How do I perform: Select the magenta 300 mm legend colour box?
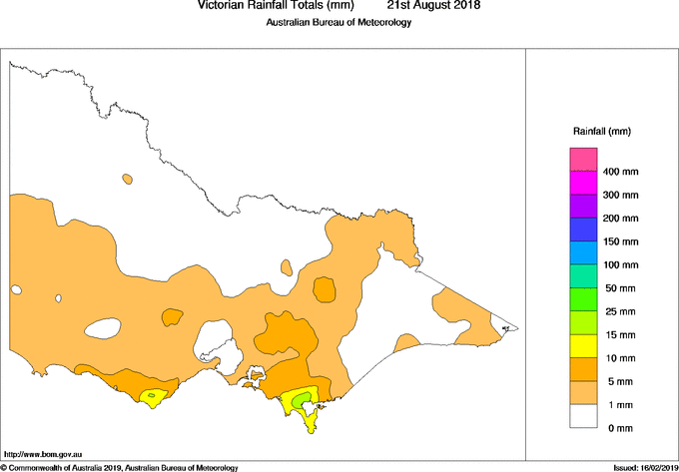click(x=584, y=183)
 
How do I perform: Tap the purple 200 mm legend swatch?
click(x=584, y=206)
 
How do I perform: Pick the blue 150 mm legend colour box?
click(x=584, y=230)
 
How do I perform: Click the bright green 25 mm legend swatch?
click(x=584, y=299)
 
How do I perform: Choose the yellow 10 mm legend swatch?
click(x=584, y=345)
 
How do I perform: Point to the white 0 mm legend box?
click(x=584, y=416)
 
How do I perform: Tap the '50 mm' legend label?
click(x=619, y=288)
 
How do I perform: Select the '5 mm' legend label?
click(x=617, y=381)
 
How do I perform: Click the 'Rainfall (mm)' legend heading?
click(x=601, y=131)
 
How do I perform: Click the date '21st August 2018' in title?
click(x=433, y=6)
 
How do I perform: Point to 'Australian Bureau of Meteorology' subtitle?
click(x=339, y=23)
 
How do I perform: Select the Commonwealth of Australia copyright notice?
click(x=120, y=467)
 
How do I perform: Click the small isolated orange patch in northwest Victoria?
click(x=127, y=180)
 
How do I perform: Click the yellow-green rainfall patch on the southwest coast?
click(x=151, y=397)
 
